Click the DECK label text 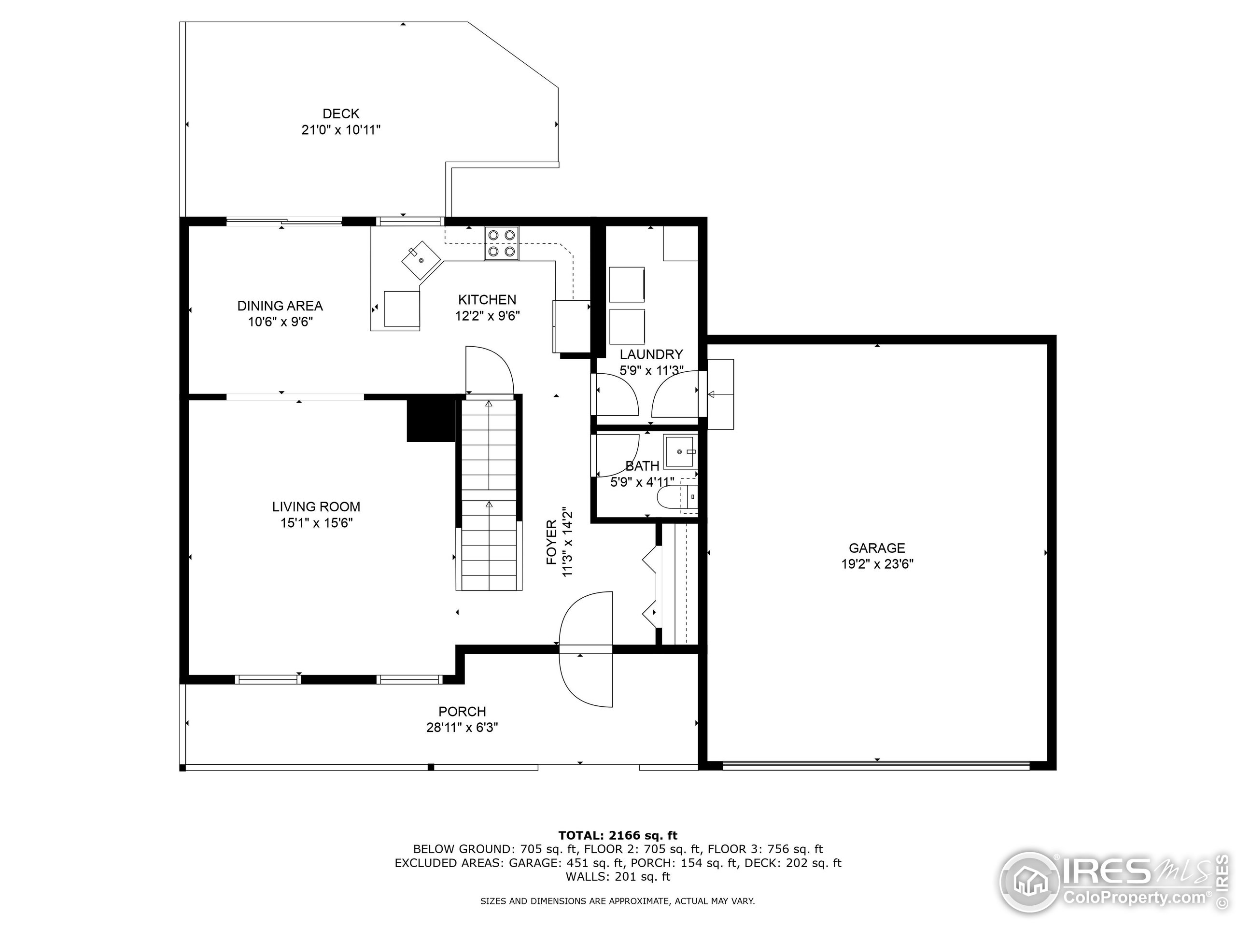[x=340, y=114]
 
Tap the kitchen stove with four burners [x=501, y=244]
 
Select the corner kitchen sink [x=421, y=260]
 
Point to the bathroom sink [x=680, y=451]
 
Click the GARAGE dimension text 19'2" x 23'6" [x=877, y=564]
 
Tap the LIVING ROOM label [x=316, y=507]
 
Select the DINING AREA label [x=280, y=306]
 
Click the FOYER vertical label [x=551, y=542]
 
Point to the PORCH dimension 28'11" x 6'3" [x=462, y=728]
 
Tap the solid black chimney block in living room [x=431, y=419]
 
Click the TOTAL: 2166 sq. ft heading [x=618, y=835]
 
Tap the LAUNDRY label [x=651, y=354]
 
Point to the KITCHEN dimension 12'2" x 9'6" [x=487, y=316]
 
